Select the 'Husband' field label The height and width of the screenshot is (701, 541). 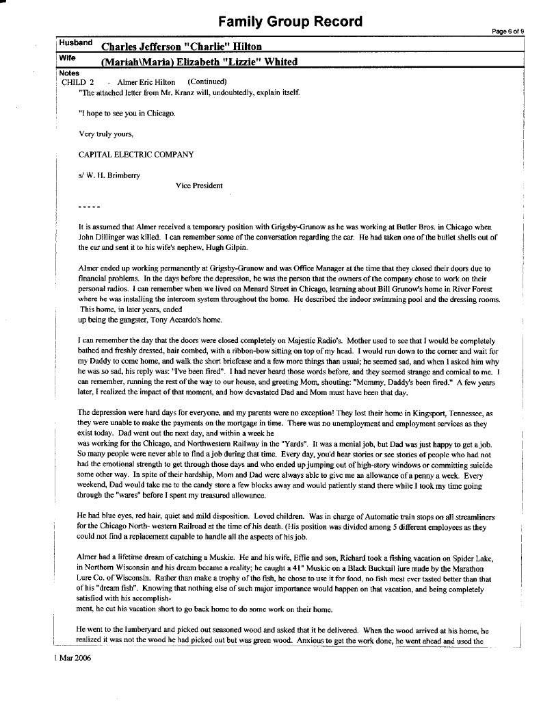75,42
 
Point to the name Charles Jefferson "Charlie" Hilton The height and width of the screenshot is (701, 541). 181,47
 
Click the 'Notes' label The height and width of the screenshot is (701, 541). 69,73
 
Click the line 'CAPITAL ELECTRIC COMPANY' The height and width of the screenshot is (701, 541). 136,155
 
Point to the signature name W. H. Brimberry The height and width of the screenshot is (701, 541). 113,175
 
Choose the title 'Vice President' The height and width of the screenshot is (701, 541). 198,186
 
